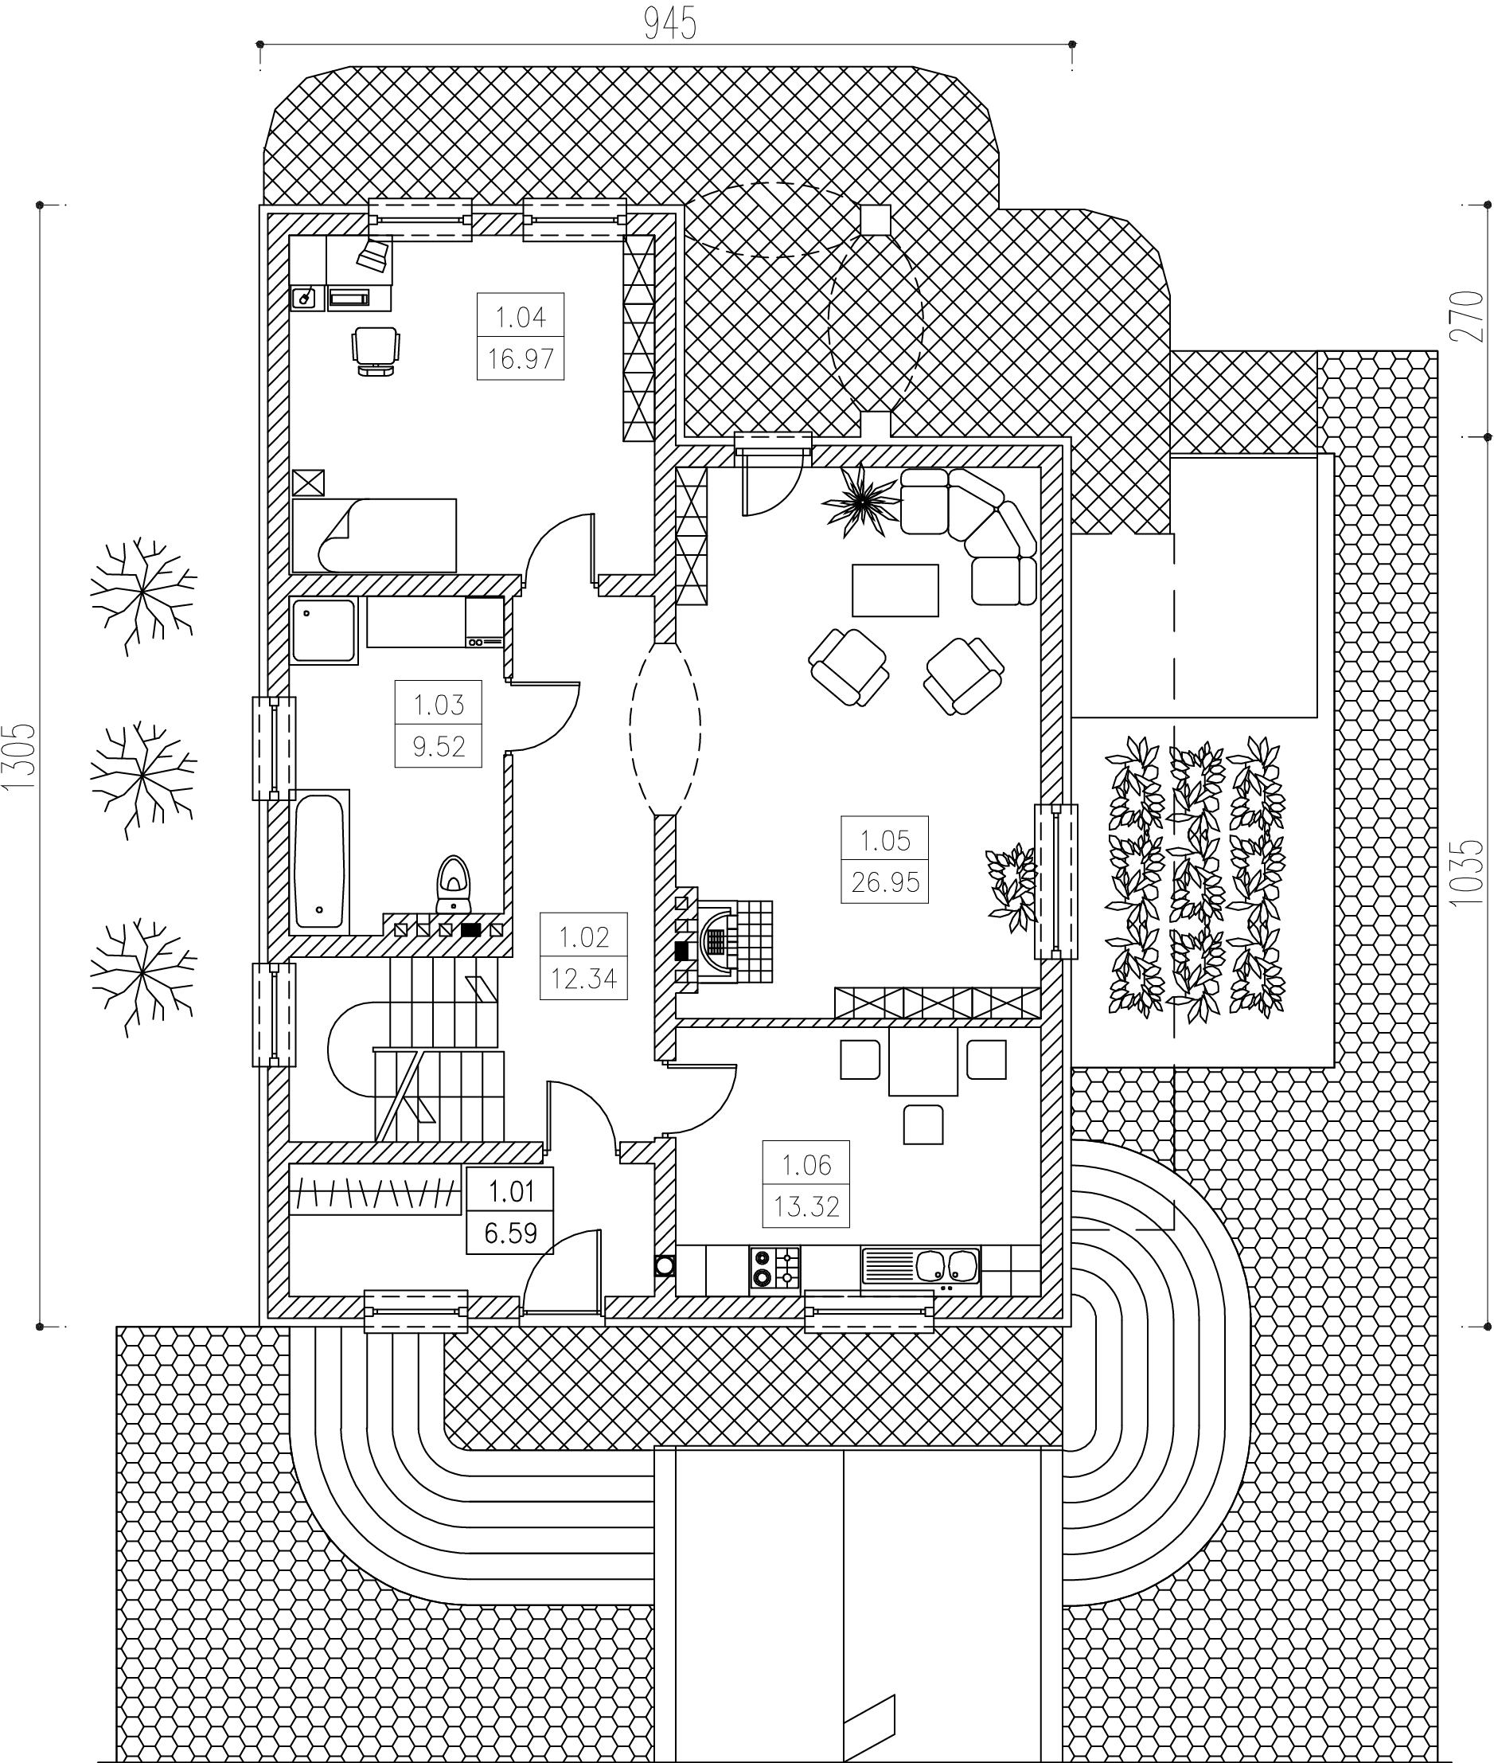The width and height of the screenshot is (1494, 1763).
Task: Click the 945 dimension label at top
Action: tap(670, 24)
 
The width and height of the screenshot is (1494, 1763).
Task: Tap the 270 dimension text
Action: tap(1468, 316)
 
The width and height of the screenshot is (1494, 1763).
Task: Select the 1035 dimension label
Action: tap(1468, 874)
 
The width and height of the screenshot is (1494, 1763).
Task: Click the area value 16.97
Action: tap(520, 359)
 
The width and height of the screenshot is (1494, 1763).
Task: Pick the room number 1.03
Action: tap(438, 705)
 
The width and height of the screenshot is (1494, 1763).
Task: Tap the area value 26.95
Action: tap(885, 883)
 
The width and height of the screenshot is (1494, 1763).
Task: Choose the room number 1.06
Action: tap(806, 1166)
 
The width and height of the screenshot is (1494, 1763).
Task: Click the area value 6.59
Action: tap(510, 1233)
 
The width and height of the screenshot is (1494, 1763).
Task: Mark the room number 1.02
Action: tap(583, 938)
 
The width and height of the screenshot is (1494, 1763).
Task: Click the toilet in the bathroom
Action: tap(454, 885)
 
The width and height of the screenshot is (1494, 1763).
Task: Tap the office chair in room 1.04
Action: tap(375, 350)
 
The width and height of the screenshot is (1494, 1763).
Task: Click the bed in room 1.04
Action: tap(374, 535)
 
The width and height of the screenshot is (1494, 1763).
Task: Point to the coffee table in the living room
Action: tap(895, 591)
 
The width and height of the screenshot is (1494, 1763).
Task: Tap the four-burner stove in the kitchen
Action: tap(775, 1268)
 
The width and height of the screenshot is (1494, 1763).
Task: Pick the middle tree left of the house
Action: tap(143, 777)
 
